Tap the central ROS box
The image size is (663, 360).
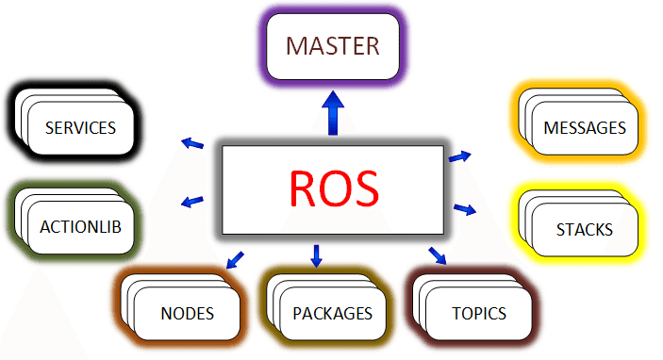point(332,188)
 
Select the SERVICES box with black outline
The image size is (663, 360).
point(80,127)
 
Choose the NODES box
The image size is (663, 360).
point(187,313)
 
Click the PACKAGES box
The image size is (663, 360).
point(332,313)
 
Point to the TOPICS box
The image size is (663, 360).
point(479,313)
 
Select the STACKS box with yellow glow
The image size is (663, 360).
point(584,229)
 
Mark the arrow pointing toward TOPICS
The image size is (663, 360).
point(437,255)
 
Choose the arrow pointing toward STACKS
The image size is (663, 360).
point(464,208)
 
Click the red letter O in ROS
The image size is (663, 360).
point(334,188)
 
